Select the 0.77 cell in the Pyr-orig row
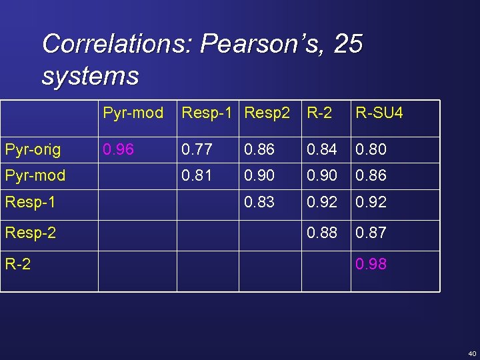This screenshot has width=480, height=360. click(197, 150)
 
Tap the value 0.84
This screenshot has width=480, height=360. click(322, 150)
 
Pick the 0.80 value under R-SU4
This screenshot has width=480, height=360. click(371, 150)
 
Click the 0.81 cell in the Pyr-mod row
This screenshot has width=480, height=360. click(197, 175)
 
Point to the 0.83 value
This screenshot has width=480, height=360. click(260, 201)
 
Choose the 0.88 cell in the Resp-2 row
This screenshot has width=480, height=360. click(322, 233)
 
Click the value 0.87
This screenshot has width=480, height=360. click(371, 233)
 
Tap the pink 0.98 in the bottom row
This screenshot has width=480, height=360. click(371, 264)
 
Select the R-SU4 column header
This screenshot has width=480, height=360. click(379, 113)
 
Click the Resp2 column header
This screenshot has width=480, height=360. click(267, 113)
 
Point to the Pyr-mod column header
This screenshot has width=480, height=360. click(133, 113)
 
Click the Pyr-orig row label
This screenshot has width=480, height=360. click(33, 150)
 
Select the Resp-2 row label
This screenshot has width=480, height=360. click(31, 233)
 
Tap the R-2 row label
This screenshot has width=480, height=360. click(17, 264)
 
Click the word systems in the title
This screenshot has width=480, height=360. click(90, 76)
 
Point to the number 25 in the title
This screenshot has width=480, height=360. click(348, 45)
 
